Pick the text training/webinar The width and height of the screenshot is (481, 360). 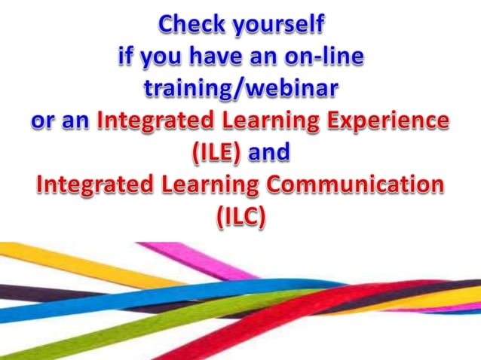coord(240,89)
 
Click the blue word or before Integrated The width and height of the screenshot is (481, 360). coord(44,121)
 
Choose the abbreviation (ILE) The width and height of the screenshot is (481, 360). coord(216,152)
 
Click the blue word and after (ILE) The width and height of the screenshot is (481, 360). coord(269,152)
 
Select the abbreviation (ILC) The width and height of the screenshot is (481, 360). coord(240,216)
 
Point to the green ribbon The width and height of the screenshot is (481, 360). coord(113,335)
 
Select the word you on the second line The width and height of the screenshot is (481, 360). coord(162,58)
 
